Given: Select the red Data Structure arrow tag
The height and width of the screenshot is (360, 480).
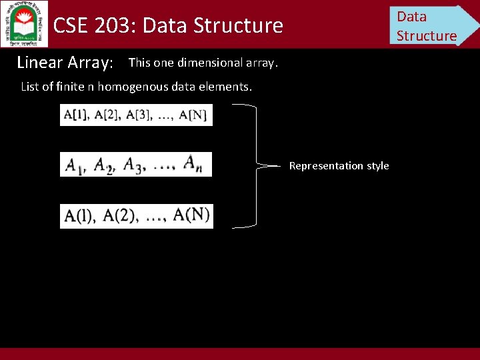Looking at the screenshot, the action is click(430, 25).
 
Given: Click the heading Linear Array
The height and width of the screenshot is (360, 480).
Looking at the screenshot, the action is click(65, 63).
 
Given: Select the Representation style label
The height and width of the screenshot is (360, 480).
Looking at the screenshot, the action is click(339, 165).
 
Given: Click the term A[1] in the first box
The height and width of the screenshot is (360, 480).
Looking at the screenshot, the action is click(75, 115).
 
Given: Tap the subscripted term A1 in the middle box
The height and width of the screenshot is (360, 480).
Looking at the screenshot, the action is click(76, 165).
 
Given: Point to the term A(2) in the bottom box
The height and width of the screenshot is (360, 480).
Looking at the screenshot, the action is click(120, 216).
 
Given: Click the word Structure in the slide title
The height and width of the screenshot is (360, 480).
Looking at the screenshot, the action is click(237, 26).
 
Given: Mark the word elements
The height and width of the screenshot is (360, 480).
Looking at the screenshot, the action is click(229, 87).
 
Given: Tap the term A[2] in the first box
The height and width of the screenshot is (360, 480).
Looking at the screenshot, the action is click(108, 115).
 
